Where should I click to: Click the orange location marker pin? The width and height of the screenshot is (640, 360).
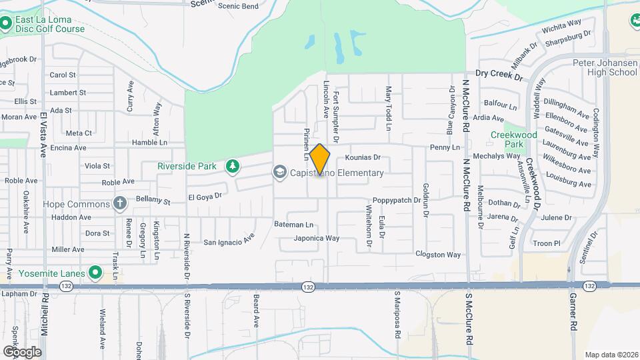point(320,159)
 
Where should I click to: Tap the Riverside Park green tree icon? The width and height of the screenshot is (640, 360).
point(232,165)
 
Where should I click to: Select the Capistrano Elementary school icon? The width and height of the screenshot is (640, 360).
point(280,173)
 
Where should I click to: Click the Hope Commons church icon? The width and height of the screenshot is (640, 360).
point(120,203)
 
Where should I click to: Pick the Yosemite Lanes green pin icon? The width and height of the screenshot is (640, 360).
point(95,273)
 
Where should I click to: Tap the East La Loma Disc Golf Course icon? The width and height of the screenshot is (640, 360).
point(6,24)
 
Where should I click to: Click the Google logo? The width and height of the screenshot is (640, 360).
point(22,351)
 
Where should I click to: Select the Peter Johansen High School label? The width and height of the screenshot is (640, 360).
point(605,67)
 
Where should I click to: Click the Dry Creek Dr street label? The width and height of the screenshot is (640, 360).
point(499,76)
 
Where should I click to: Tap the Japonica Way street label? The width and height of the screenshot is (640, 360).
point(317,238)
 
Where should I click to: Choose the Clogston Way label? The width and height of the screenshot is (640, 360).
point(438,254)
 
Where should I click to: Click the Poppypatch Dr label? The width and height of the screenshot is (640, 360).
point(397,200)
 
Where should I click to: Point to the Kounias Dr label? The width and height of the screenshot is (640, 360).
point(363,158)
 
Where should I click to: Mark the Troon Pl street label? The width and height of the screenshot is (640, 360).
point(547,243)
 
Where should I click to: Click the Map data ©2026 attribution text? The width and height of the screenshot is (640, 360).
point(611,355)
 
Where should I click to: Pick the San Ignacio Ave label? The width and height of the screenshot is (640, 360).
point(229,241)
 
